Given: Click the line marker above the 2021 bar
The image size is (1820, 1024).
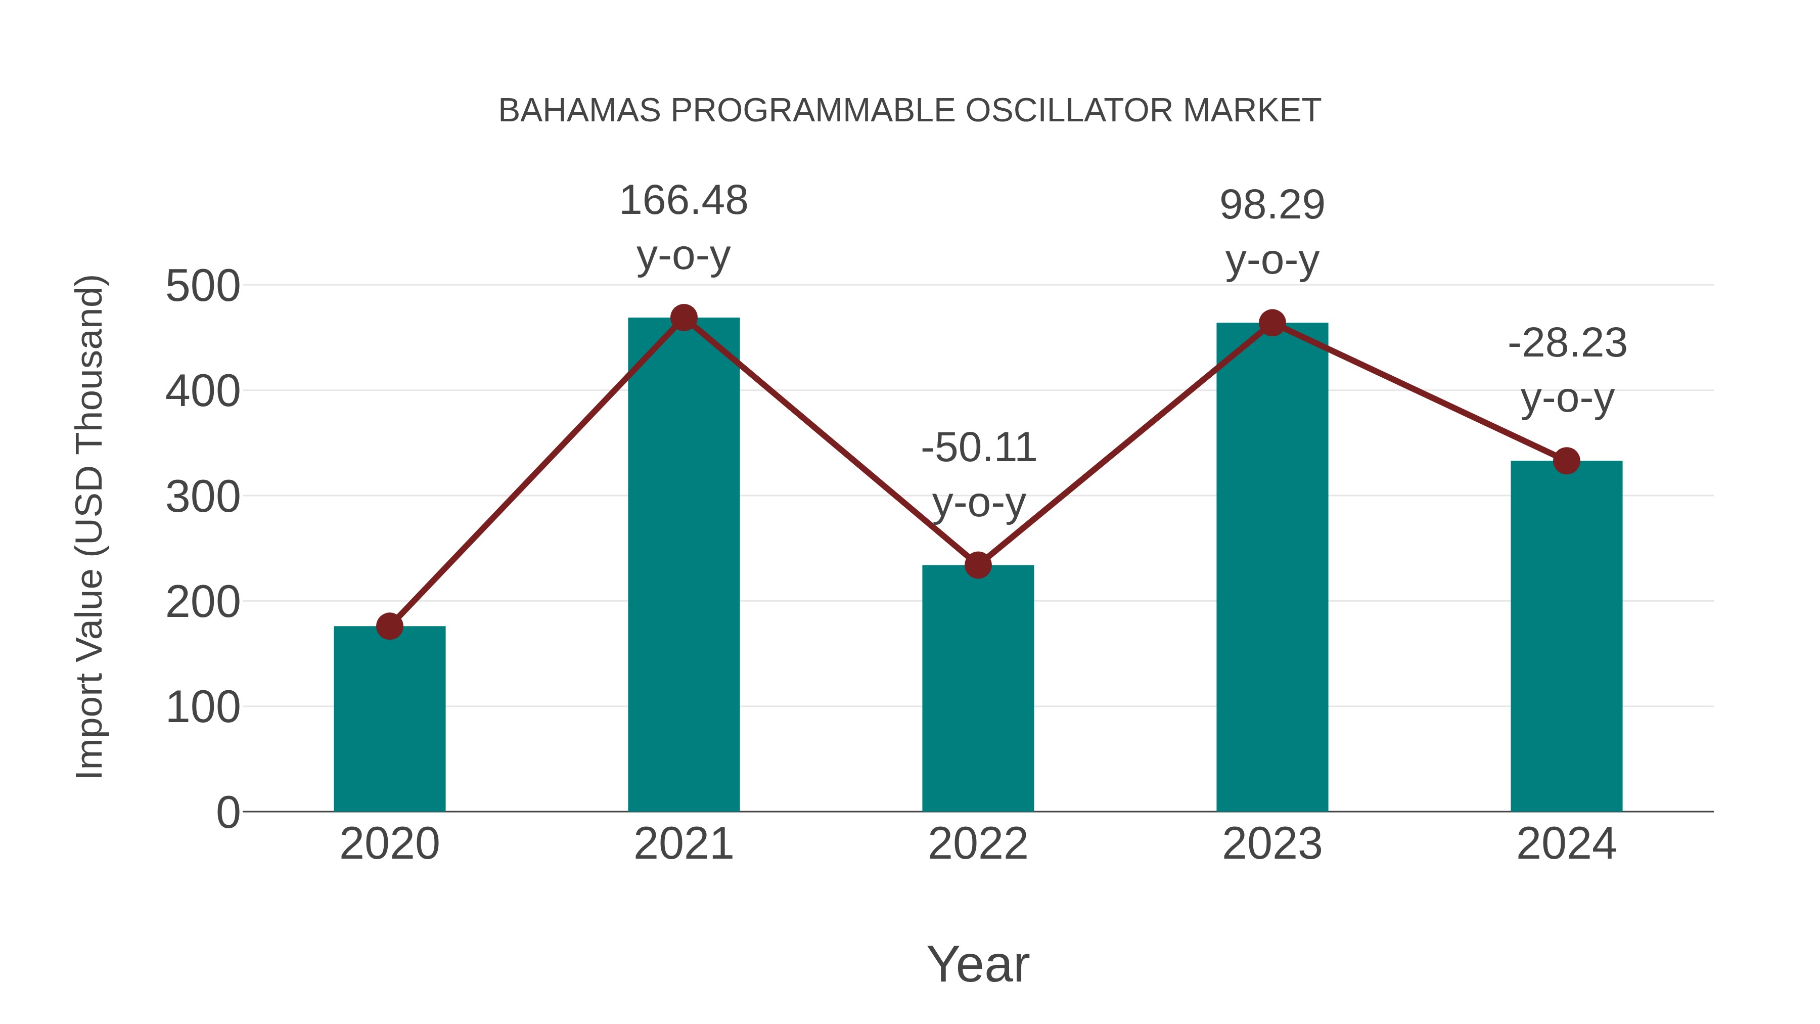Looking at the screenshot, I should (x=684, y=318).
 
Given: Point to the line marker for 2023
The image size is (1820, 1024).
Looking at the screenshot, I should (x=1272, y=323).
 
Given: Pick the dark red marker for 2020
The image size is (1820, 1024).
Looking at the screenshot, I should (x=389, y=626).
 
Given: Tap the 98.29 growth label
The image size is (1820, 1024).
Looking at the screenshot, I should (x=1272, y=206).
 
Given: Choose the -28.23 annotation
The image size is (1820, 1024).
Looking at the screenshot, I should (x=1567, y=344).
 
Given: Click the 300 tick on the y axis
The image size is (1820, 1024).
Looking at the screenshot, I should (x=203, y=498).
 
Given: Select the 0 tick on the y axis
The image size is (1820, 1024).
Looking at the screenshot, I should (x=227, y=813).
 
